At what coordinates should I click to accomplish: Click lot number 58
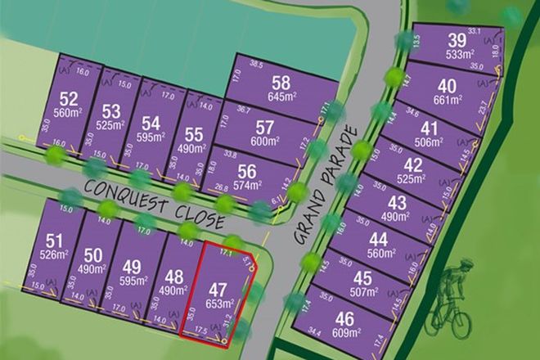coord(281,82)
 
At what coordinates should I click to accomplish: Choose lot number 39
coord(457,42)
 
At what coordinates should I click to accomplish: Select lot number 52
coord(70,99)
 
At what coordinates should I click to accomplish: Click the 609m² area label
coord(347,331)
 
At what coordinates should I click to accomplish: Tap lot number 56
coord(248,170)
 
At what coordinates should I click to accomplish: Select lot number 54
coord(151,123)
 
